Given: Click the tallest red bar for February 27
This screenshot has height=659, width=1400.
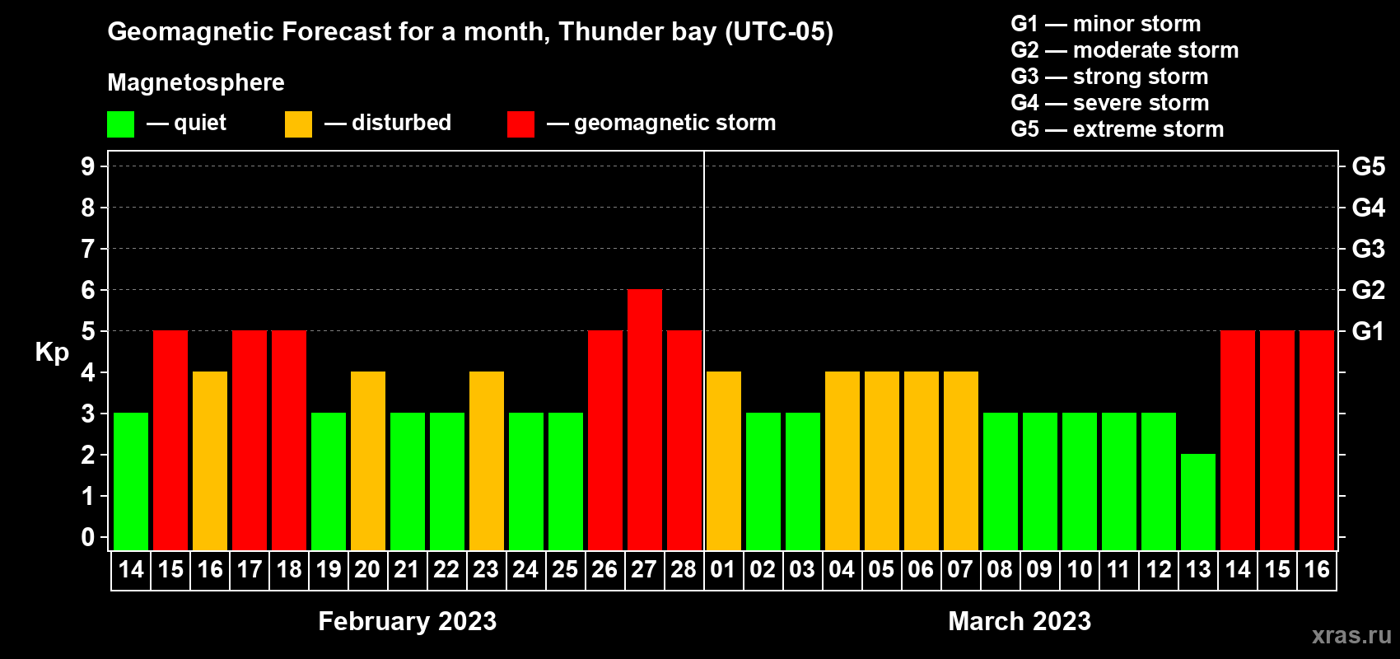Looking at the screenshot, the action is [x=644, y=419].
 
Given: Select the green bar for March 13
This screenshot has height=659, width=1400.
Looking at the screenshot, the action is [x=1198, y=502].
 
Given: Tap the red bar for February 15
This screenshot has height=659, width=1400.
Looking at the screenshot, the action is [x=170, y=440].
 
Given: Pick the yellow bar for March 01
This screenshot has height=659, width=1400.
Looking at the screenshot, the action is [x=724, y=460].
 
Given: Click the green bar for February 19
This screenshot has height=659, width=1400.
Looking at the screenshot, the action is [x=328, y=481].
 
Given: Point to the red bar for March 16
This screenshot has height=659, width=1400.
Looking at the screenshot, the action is [x=1317, y=440].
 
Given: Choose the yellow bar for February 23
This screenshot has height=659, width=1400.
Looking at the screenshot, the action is [x=486, y=460].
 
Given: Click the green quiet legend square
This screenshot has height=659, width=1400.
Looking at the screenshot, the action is [x=120, y=124].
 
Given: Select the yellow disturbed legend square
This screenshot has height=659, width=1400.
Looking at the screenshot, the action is [x=298, y=124].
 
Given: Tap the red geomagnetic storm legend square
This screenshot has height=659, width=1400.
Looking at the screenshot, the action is [x=520, y=124].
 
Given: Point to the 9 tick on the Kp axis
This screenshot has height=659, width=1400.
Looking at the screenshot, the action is [x=87, y=166].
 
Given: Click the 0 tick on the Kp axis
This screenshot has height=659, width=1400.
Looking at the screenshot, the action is [x=87, y=537].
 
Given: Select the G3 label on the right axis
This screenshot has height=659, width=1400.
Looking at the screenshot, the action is [x=1368, y=249].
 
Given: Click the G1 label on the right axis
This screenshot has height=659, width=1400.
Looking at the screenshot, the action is [x=1368, y=331].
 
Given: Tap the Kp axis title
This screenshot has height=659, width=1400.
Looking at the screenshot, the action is [x=52, y=352].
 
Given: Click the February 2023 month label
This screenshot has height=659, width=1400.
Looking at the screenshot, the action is [x=408, y=621].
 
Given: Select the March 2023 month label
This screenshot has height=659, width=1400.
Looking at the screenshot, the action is [x=1020, y=621].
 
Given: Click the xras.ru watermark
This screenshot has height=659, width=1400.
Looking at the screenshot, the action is [x=1351, y=636].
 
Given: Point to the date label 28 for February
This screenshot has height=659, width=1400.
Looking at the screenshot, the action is [x=684, y=569].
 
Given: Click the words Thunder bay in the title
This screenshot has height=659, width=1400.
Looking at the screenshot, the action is [x=637, y=32].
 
